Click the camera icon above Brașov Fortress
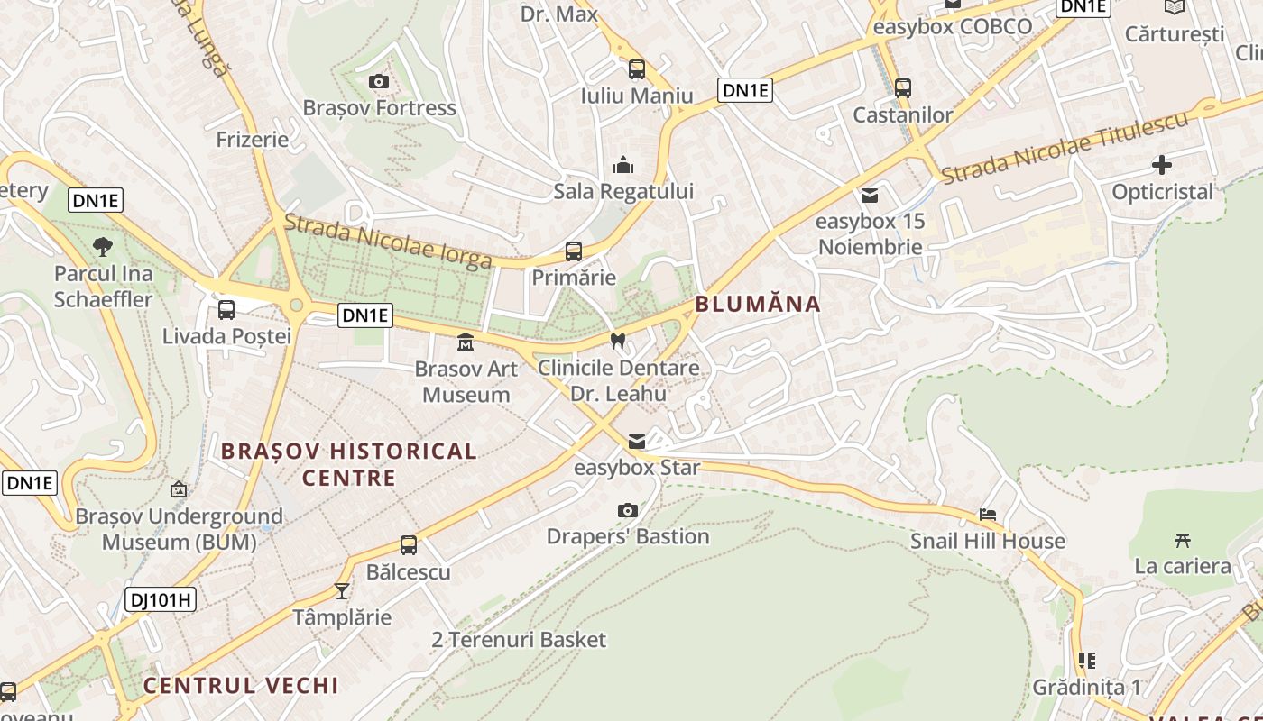click(x=379, y=82)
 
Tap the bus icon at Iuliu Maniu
click(x=637, y=69)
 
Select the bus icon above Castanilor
click(x=903, y=88)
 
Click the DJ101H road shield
click(x=161, y=599)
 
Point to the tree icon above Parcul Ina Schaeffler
click(x=103, y=246)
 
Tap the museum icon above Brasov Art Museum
click(x=466, y=342)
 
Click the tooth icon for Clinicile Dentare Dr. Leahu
click(x=618, y=342)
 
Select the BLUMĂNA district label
click(x=758, y=304)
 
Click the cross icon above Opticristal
click(x=1162, y=165)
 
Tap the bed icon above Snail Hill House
click(x=988, y=515)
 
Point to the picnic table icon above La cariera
click(x=1183, y=540)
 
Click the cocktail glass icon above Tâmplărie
click(x=342, y=591)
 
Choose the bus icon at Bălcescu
click(x=409, y=545)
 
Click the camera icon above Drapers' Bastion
click(x=628, y=511)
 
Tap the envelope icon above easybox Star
click(x=637, y=442)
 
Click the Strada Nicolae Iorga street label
click(x=388, y=242)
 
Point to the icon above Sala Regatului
click(x=623, y=165)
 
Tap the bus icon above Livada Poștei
click(x=226, y=310)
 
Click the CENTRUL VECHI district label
click(x=241, y=686)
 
